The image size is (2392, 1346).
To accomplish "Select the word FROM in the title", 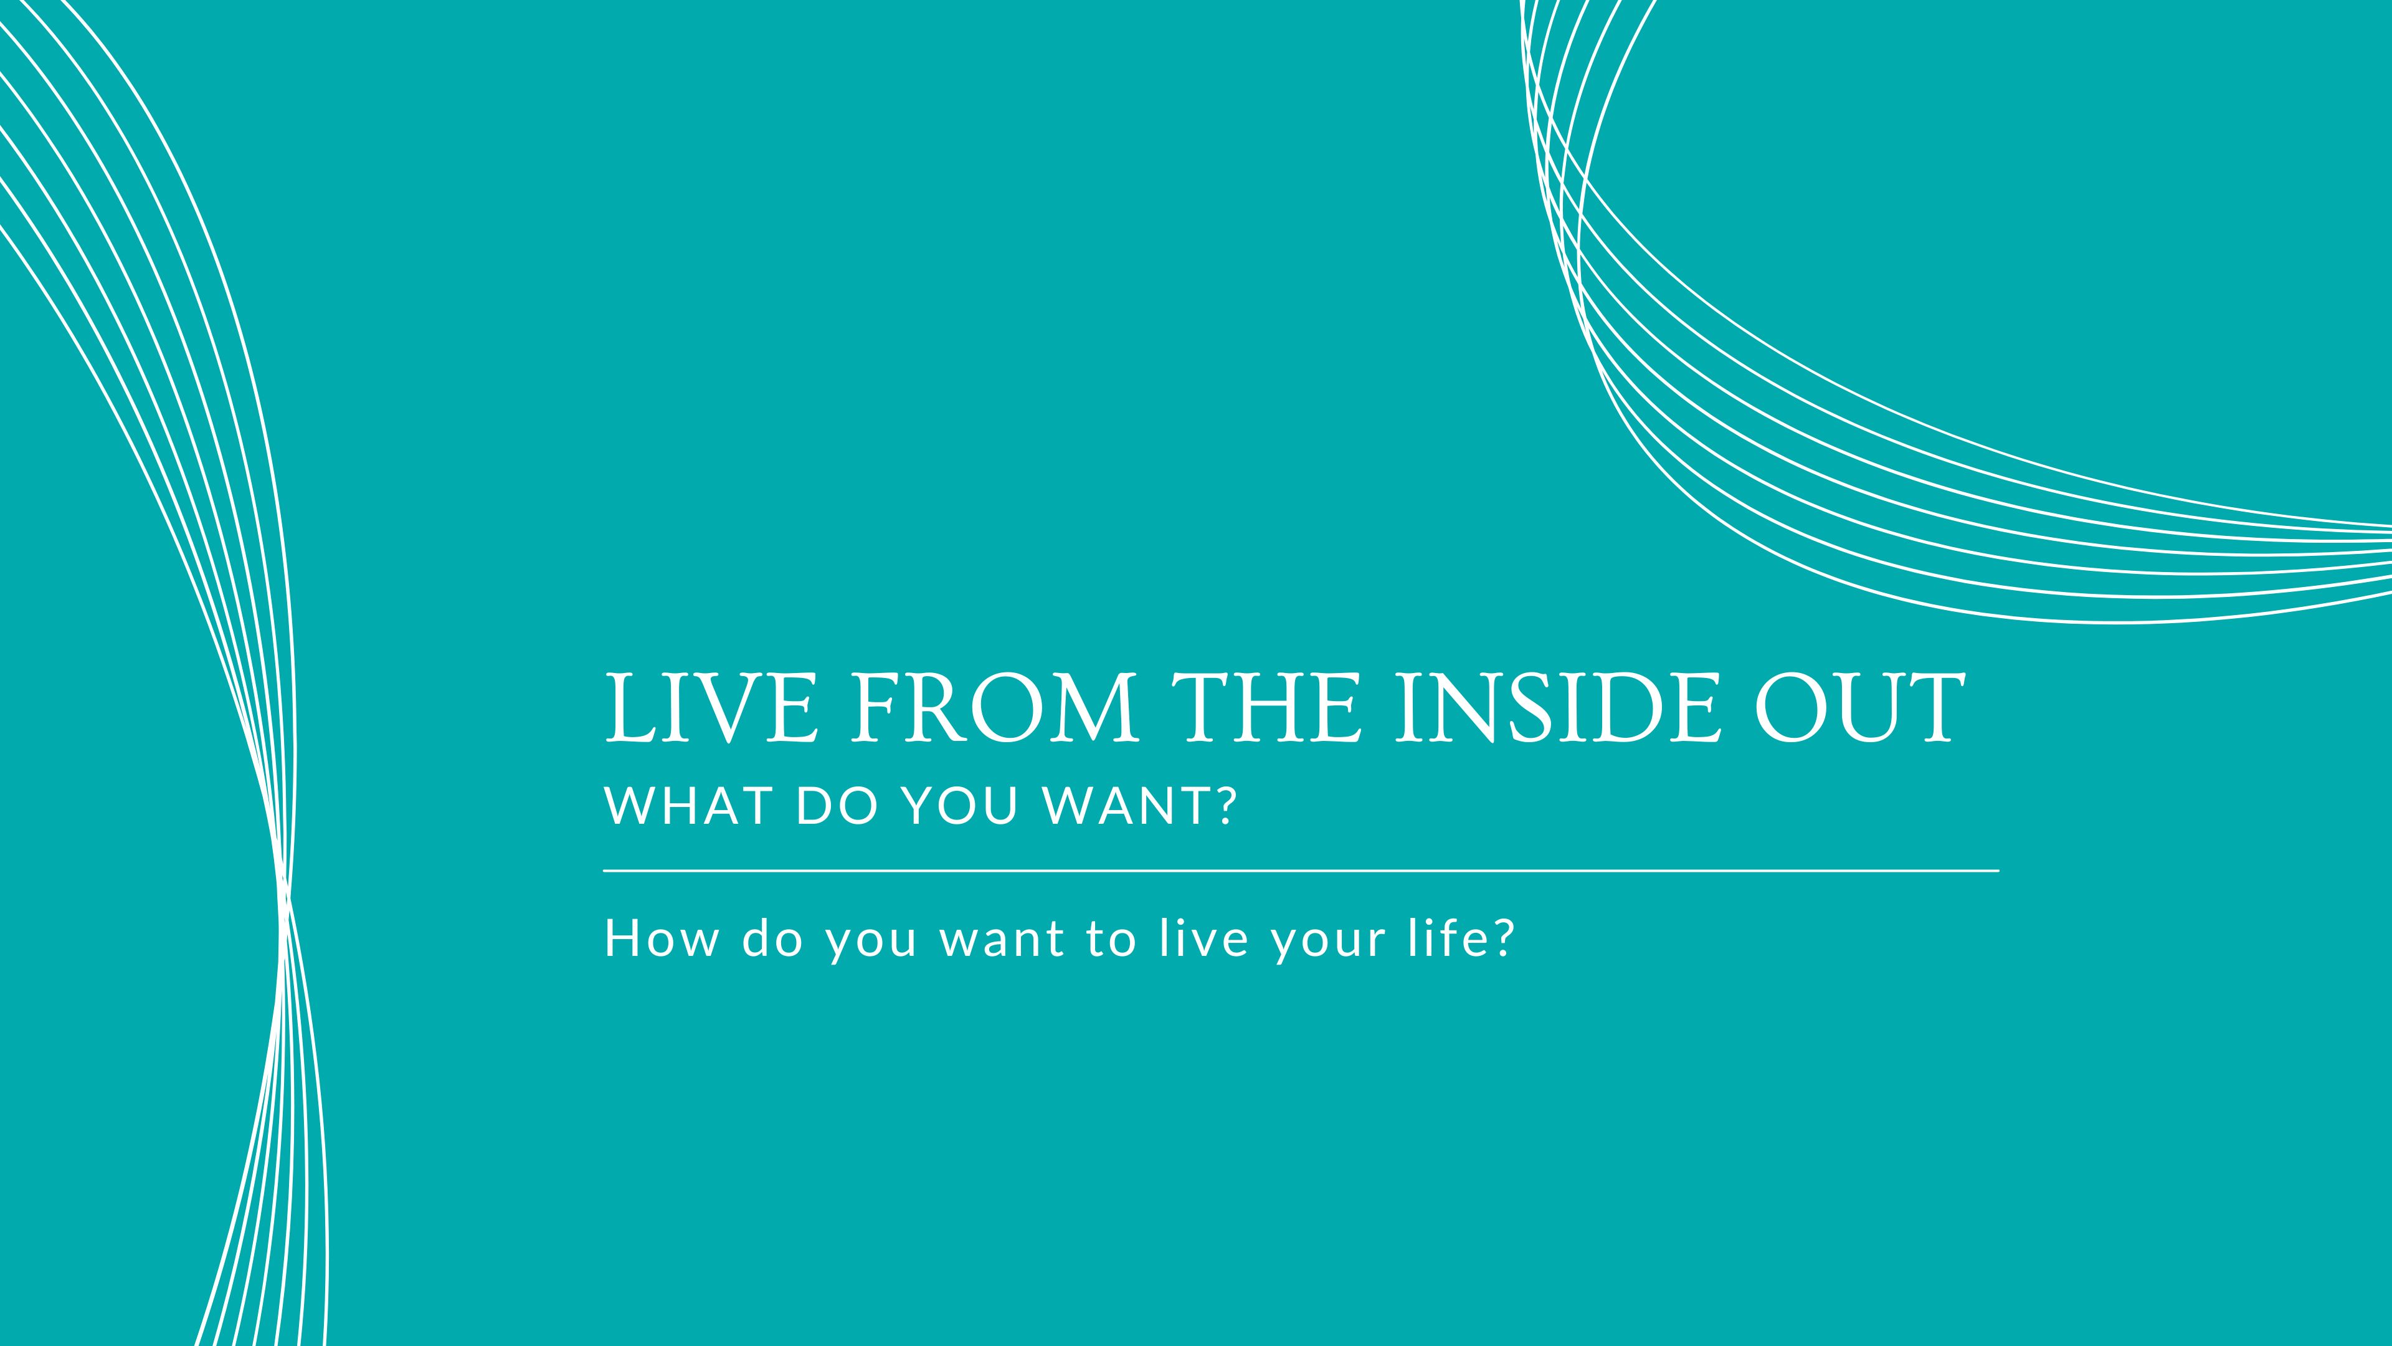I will pyautogui.click(x=994, y=708).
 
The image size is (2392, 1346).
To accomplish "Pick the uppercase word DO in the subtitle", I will pyautogui.click(x=837, y=805).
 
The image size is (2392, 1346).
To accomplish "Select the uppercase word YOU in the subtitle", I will pyautogui.click(x=961, y=805).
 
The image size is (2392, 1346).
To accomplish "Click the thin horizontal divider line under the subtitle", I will pyautogui.click(x=1300, y=871).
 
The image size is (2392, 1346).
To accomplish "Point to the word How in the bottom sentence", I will pyautogui.click(x=661, y=938).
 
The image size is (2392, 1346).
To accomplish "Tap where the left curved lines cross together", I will pyautogui.click(x=284, y=897).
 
